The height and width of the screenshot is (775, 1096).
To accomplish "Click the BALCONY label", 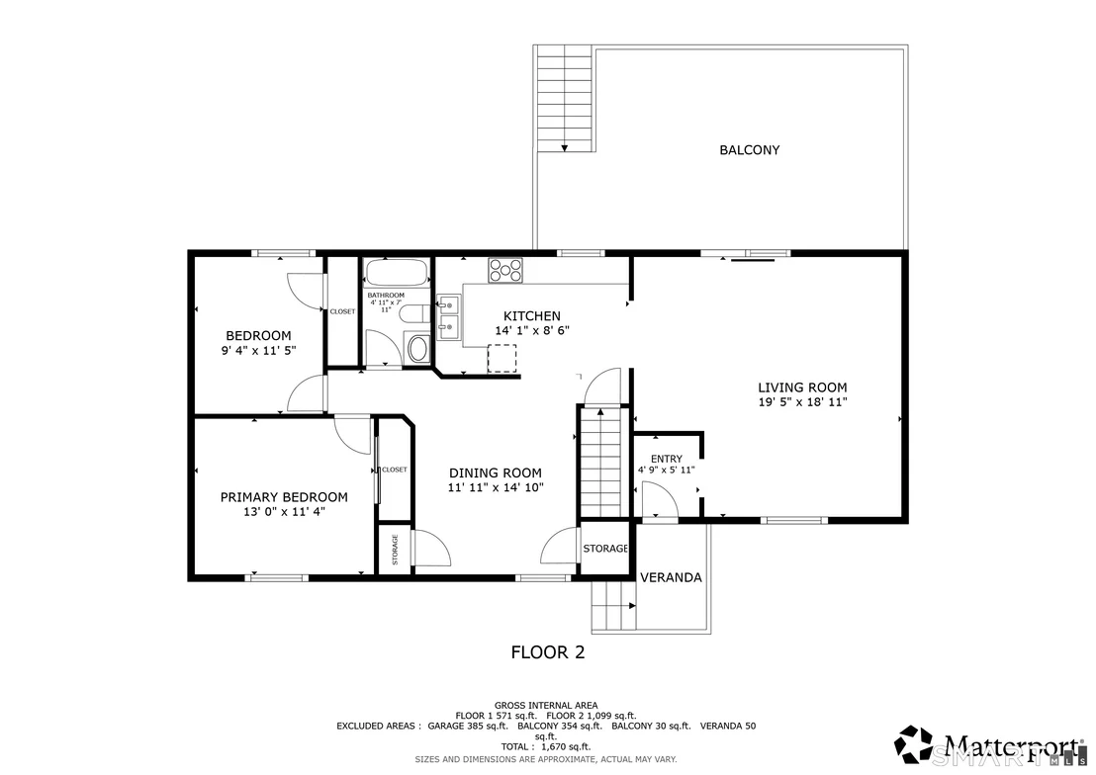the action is pyautogui.click(x=750, y=150).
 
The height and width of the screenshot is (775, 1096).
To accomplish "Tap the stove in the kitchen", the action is pyautogui.click(x=505, y=271).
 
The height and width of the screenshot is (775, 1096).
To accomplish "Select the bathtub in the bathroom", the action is pyautogui.click(x=397, y=273).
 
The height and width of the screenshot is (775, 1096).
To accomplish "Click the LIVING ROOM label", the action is pyautogui.click(x=802, y=387).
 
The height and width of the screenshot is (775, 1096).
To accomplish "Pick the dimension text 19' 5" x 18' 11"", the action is pyautogui.click(x=802, y=402).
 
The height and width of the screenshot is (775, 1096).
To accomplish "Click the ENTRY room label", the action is pyautogui.click(x=666, y=459).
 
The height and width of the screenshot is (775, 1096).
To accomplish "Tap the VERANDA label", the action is pyautogui.click(x=671, y=578).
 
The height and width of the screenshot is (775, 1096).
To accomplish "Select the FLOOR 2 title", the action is pyautogui.click(x=548, y=652).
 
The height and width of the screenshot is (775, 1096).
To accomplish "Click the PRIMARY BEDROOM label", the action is pyautogui.click(x=284, y=497).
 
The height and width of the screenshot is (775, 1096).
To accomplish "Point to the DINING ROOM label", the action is pyautogui.click(x=495, y=474).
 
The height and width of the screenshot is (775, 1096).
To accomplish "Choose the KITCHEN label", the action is pyautogui.click(x=532, y=316).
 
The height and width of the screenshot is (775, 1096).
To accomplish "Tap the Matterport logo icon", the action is pyautogui.click(x=915, y=745).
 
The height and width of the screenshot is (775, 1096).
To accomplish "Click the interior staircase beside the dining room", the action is pyautogui.click(x=601, y=463).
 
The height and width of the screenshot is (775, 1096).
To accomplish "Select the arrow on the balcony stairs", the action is pyautogui.click(x=564, y=148).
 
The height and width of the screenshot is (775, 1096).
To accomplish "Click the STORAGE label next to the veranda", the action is pyautogui.click(x=605, y=550).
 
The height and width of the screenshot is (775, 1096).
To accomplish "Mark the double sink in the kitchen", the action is pyautogui.click(x=448, y=317).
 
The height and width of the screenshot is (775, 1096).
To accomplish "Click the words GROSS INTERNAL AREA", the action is pyautogui.click(x=546, y=706).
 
